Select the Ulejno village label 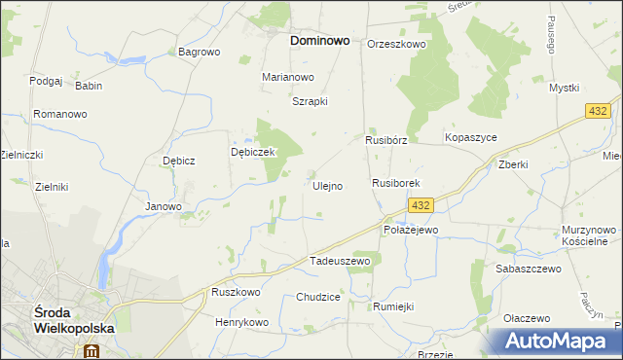tap(326, 186)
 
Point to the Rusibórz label tap(385, 140)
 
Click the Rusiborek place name tap(395, 183)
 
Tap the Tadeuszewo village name tap(340, 261)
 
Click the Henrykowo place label tap(241, 322)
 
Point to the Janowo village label tap(164, 206)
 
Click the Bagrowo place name tap(200, 52)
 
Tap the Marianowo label tap(288, 77)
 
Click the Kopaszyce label tap(471, 138)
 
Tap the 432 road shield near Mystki tap(599, 113)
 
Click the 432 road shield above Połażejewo tap(420, 204)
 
